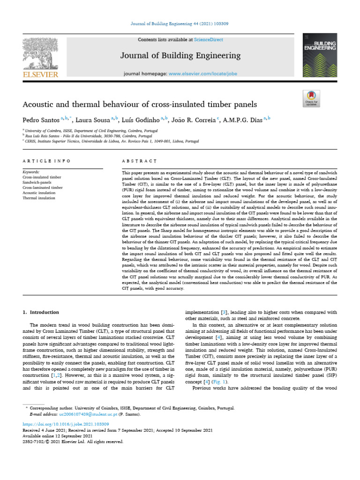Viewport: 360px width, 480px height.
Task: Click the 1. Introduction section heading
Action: coord(41,312)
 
